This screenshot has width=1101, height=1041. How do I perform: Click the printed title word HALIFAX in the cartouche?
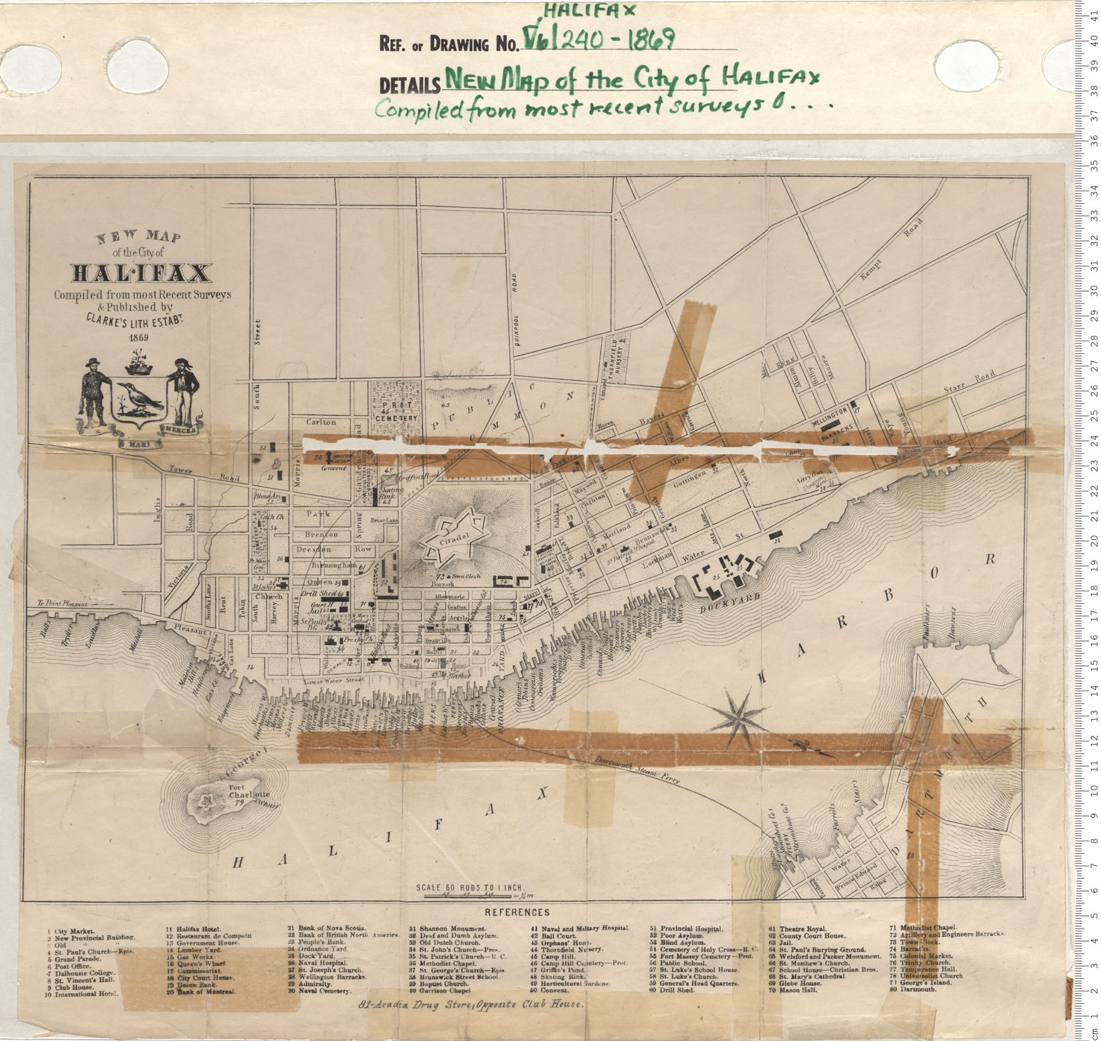(142, 273)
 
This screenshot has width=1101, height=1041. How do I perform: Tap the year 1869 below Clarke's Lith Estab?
(139, 337)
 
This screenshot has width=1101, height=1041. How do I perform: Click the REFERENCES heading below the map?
(517, 912)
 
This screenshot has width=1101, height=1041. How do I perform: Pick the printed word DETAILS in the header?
(409, 85)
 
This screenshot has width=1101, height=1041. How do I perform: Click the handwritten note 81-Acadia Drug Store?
(471, 1003)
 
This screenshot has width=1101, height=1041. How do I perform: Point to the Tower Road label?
(180, 471)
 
